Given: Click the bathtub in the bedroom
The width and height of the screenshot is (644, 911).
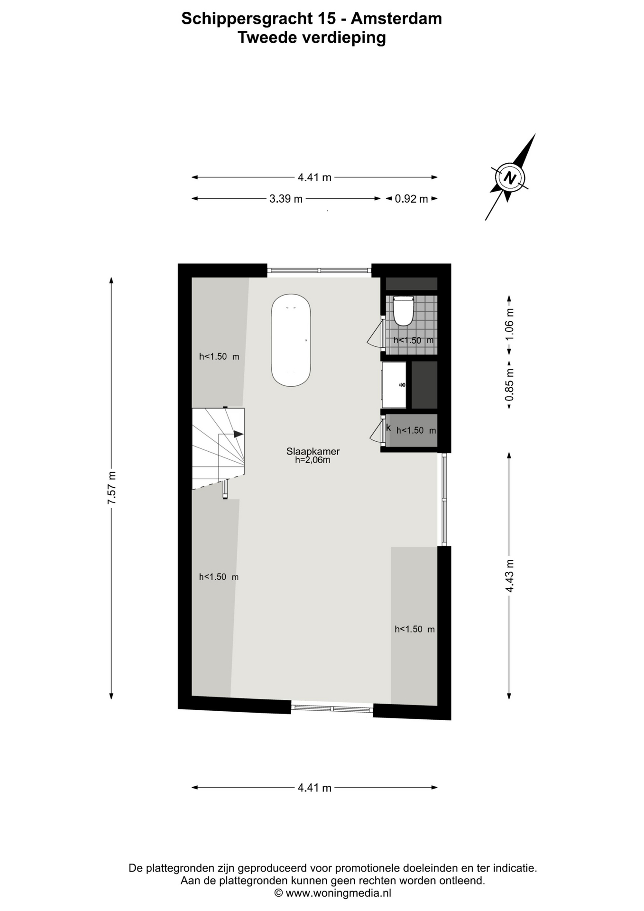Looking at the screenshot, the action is coord(291,340).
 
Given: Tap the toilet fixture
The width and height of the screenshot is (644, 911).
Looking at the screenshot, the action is coord(404,311).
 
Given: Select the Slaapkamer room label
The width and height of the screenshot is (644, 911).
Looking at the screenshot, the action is coord(313,452).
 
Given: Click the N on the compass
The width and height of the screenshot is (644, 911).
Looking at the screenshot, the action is coord(510,178).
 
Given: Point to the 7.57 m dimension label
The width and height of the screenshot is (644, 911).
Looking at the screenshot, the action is coord(111,488).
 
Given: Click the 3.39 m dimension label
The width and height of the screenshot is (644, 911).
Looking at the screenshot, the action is coord(286,199).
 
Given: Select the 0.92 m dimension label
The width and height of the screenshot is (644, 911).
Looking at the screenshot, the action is coord(412,199).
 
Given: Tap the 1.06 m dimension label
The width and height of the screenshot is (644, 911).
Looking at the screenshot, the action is coord(509,324).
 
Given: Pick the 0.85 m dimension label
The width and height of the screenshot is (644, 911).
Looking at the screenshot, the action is coord(509,384).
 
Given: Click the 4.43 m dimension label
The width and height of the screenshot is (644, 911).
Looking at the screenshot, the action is coord(509,576).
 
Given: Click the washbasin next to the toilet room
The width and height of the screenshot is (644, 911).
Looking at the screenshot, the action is coord(394,385).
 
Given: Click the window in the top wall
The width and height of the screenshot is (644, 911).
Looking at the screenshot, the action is coord(319,270).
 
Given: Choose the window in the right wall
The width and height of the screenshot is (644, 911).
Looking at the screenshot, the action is coord(444,499).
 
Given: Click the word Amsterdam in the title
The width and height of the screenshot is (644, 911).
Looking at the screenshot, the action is coord(396,19).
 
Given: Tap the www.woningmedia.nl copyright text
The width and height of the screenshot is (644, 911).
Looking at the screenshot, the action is coord(333,892).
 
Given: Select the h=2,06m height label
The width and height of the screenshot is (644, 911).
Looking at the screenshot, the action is coord(313,460).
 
